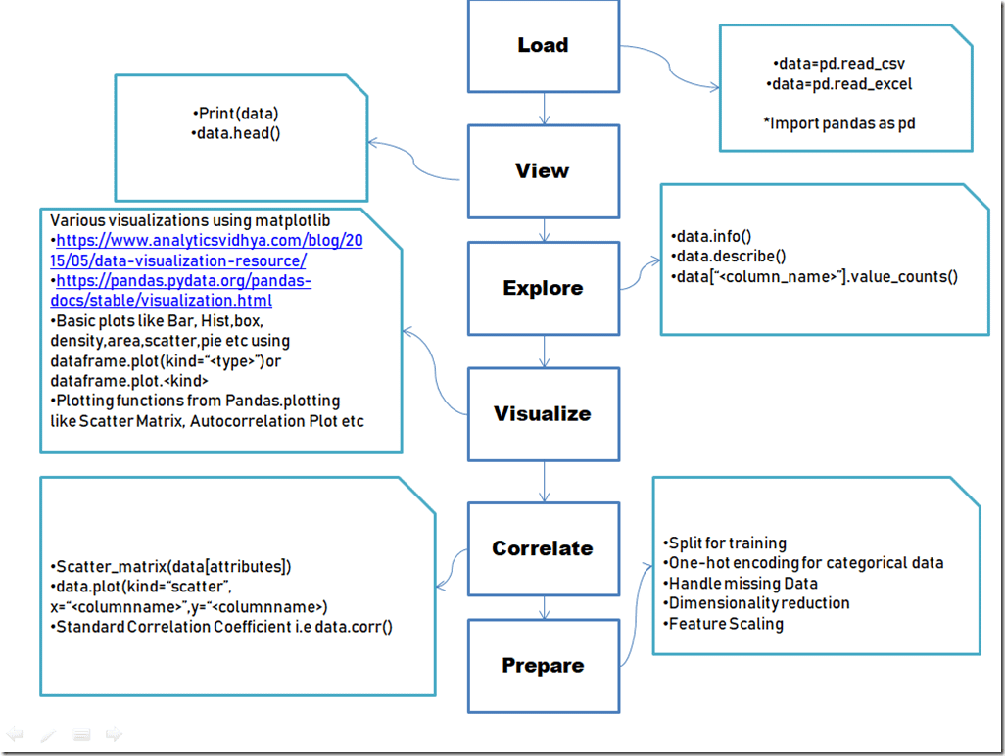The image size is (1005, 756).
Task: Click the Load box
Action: pyautogui.click(x=543, y=45)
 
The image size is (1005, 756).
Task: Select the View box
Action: pyautogui.click(x=543, y=171)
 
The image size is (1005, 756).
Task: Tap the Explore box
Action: pyautogui.click(x=543, y=288)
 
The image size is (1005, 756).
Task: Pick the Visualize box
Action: pyautogui.click(x=543, y=413)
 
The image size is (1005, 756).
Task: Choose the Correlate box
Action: pyautogui.click(x=543, y=548)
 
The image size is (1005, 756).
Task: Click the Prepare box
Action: pyautogui.click(x=543, y=665)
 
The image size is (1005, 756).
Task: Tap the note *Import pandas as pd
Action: pyautogui.click(x=842, y=123)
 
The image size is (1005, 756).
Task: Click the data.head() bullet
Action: pyautogui.click(x=236, y=132)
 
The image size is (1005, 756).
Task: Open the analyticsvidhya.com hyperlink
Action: pyautogui.click(x=206, y=250)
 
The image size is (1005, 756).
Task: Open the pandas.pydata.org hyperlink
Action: pyautogui.click(x=181, y=291)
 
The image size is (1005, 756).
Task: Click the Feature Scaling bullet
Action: pyautogui.click(x=725, y=623)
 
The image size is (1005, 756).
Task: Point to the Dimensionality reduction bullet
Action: pyautogui.click(x=758, y=602)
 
